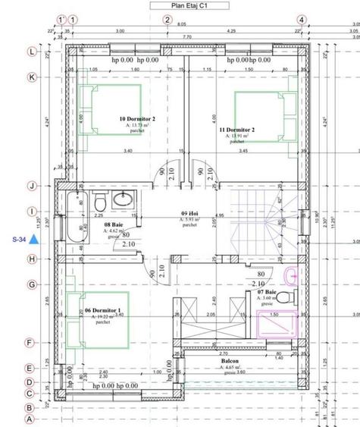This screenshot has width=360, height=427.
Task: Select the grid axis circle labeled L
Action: pyautogui.click(x=32, y=52)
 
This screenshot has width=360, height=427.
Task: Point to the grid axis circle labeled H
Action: pyautogui.click(x=32, y=259)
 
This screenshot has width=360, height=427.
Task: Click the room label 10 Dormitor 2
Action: pyautogui.click(x=137, y=120)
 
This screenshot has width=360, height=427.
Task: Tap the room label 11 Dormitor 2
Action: pyautogui.click(x=236, y=130)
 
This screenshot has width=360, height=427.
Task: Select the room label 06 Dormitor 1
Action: pyautogui.click(x=104, y=312)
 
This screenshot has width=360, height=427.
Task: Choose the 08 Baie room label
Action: pyautogui.click(x=114, y=225)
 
